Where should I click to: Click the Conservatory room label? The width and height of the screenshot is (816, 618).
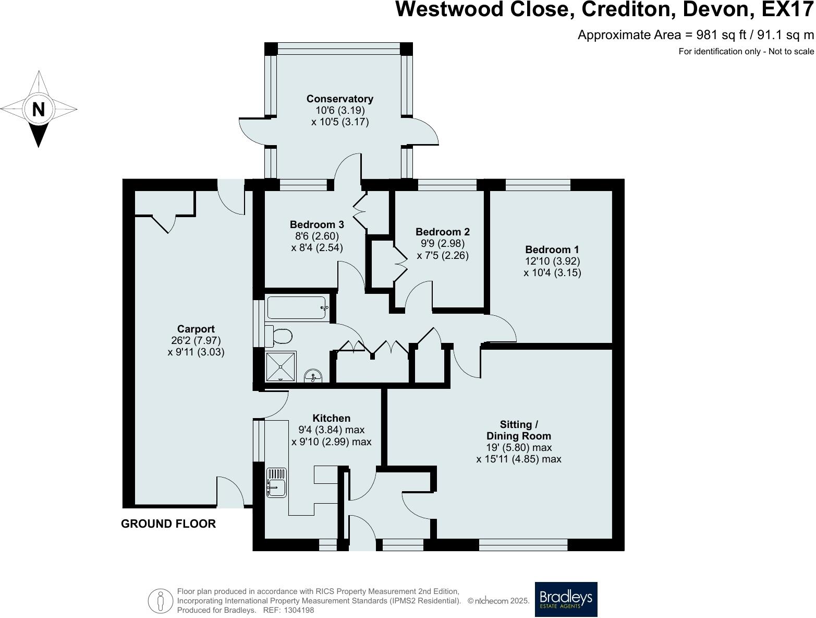click(339, 99)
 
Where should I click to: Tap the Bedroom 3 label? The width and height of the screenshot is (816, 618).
click(317, 224)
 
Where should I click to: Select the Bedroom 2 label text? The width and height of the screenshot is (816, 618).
click(443, 232)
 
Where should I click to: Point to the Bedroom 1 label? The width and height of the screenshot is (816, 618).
click(552, 249)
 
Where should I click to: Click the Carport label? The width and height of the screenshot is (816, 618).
click(196, 329)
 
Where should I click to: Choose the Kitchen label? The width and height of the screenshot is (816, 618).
click(331, 418)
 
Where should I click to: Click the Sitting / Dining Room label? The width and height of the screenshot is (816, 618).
click(518, 430)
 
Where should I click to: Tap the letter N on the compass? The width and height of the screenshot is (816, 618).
click(39, 110)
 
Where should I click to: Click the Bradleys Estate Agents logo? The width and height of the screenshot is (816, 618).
click(566, 599)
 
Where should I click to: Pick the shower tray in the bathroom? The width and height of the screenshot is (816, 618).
click(281, 366)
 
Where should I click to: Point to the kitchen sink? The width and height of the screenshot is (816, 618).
click(276, 482)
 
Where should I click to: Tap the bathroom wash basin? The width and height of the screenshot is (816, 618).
click(313, 376)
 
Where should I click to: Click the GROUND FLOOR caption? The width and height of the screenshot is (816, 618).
click(168, 524)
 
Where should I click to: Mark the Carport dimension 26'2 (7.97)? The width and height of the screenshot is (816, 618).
click(196, 340)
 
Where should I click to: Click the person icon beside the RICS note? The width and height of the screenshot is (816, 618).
click(161, 600)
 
